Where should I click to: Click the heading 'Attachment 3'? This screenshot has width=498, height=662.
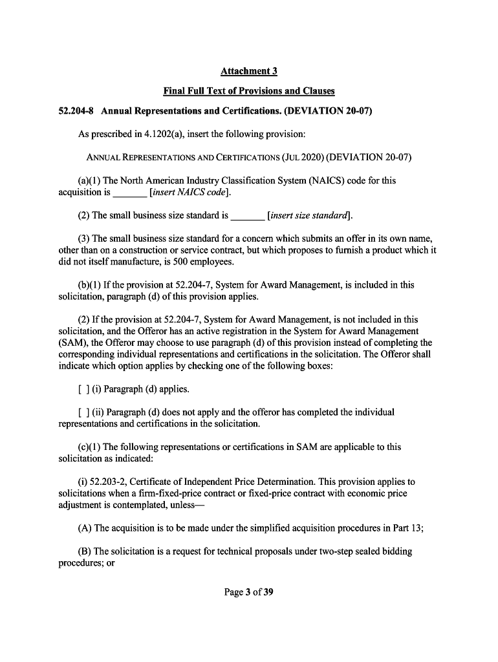pos(249,70)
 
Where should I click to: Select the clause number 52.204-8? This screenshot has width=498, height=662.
pos(72,111)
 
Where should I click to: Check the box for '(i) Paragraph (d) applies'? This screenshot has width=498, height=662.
pos(83,389)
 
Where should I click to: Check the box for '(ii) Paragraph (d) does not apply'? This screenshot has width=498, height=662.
pos(83,412)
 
